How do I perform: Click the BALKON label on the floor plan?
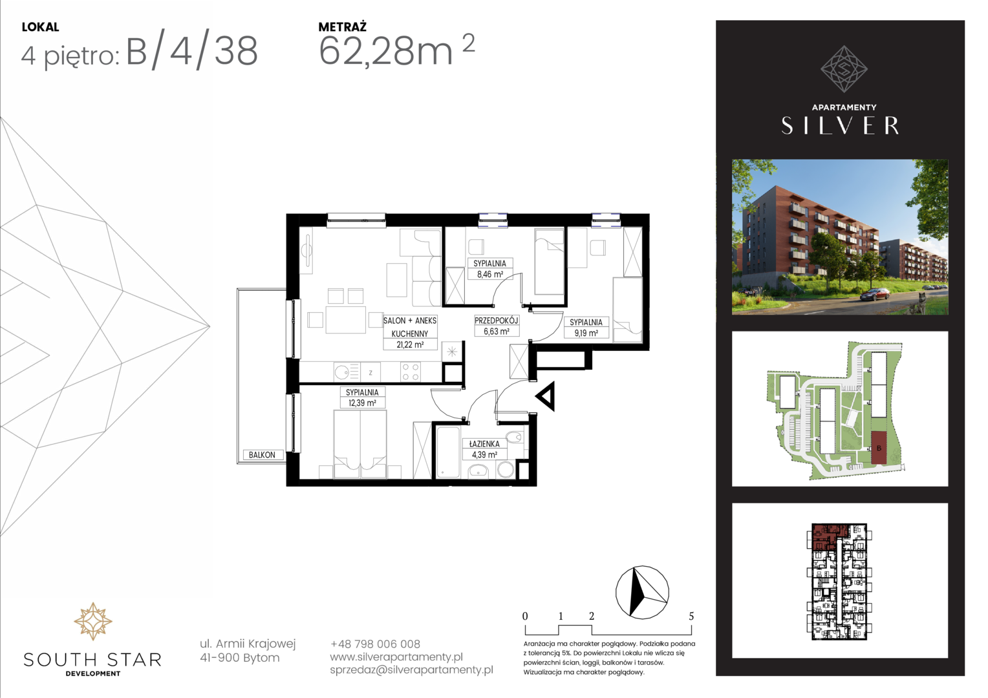[262, 455]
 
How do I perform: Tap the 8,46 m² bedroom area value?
[490, 274]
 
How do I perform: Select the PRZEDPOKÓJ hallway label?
[496, 321]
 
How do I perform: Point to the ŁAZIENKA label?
[484, 444]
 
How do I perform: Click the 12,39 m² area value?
[362, 403]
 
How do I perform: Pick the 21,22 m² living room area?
[410, 345]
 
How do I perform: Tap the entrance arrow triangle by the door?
[546, 397]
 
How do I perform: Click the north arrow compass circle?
[642, 593]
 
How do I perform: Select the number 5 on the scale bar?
[691, 616]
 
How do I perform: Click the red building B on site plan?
[879, 448]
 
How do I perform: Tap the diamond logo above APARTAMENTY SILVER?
[844, 69]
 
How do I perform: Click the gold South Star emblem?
[92, 621]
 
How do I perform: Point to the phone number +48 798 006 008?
[375, 644]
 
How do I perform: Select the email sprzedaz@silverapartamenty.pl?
[411, 670]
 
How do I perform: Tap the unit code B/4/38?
[192, 52]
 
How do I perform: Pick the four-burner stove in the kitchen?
[410, 371]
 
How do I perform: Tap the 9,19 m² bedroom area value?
[586, 333]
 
